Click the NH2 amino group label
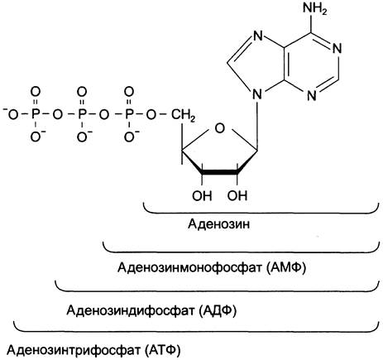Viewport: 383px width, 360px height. pos(315,9)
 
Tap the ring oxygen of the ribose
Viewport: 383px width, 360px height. pos(219,128)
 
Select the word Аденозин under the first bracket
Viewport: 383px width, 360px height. pos(219,223)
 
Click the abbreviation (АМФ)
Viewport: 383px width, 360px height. pos(286,267)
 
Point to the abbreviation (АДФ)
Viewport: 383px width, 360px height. pos(218,310)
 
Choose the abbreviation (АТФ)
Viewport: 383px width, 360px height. pos(162,350)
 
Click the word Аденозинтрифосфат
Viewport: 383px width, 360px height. pos(74,350)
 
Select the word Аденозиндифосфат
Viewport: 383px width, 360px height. pos(130,310)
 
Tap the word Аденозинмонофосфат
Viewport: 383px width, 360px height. pos(190,267)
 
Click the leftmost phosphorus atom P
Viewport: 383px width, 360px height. pos(35,115)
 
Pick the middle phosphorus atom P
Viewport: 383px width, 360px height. pos(82,115)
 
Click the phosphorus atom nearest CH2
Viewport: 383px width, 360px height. pos(128,115)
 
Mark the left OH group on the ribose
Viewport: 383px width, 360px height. pos(202,195)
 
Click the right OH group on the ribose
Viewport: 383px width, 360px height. pos(237,195)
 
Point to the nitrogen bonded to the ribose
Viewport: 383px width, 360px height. pos(257,95)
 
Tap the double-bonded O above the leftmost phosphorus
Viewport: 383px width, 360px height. pos(36,91)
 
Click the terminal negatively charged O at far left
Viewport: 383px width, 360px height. pos(11,114)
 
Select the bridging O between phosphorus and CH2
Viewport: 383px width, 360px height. pos(151,115)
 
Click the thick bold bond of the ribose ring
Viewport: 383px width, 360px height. pos(220,172)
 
